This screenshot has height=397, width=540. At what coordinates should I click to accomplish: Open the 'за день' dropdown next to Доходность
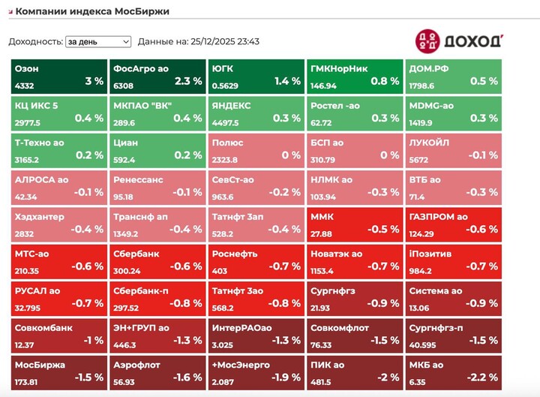coord(97,42)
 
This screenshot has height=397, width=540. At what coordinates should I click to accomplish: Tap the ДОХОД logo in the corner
coord(459,41)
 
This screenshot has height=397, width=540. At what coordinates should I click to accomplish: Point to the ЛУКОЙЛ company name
coord(430,143)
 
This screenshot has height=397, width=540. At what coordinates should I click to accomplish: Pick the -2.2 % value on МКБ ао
coord(483,377)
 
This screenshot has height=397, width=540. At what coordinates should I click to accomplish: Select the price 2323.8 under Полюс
coord(225,160)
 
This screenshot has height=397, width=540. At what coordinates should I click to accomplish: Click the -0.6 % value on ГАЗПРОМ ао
coord(483,229)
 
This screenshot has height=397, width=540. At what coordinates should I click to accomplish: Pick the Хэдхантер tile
coord(58,223)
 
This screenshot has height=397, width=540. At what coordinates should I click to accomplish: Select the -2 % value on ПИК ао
coord(388,377)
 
